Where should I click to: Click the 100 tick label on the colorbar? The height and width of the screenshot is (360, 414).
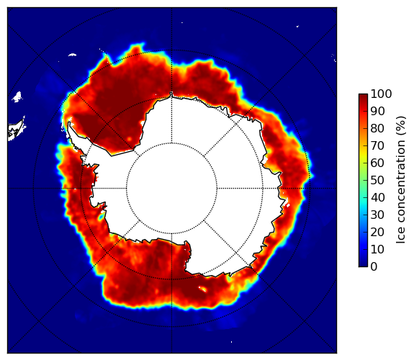click(x=381, y=94)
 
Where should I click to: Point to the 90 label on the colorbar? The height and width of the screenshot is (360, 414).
click(x=377, y=111)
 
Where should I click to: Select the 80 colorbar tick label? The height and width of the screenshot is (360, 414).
click(x=377, y=128)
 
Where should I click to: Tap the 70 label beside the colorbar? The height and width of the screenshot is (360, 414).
click(x=377, y=145)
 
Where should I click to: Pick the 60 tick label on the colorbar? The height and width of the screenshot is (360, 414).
click(x=377, y=163)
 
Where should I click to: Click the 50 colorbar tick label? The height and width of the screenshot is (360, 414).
click(x=377, y=181)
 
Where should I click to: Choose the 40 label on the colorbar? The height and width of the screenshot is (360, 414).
click(x=377, y=197)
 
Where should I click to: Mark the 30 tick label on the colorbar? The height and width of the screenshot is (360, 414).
click(x=377, y=215)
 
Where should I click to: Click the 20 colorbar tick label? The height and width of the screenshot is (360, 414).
click(x=377, y=232)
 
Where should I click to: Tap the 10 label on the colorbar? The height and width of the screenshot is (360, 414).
click(x=377, y=250)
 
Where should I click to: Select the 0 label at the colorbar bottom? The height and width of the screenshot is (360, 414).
click(x=374, y=267)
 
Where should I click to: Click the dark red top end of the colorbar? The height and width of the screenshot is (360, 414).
click(x=363, y=96)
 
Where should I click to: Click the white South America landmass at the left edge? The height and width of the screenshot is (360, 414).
click(x=16, y=130)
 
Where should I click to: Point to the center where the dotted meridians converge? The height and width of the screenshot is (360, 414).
click(x=172, y=189)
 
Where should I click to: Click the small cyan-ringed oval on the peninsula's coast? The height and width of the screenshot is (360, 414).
click(x=101, y=217)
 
